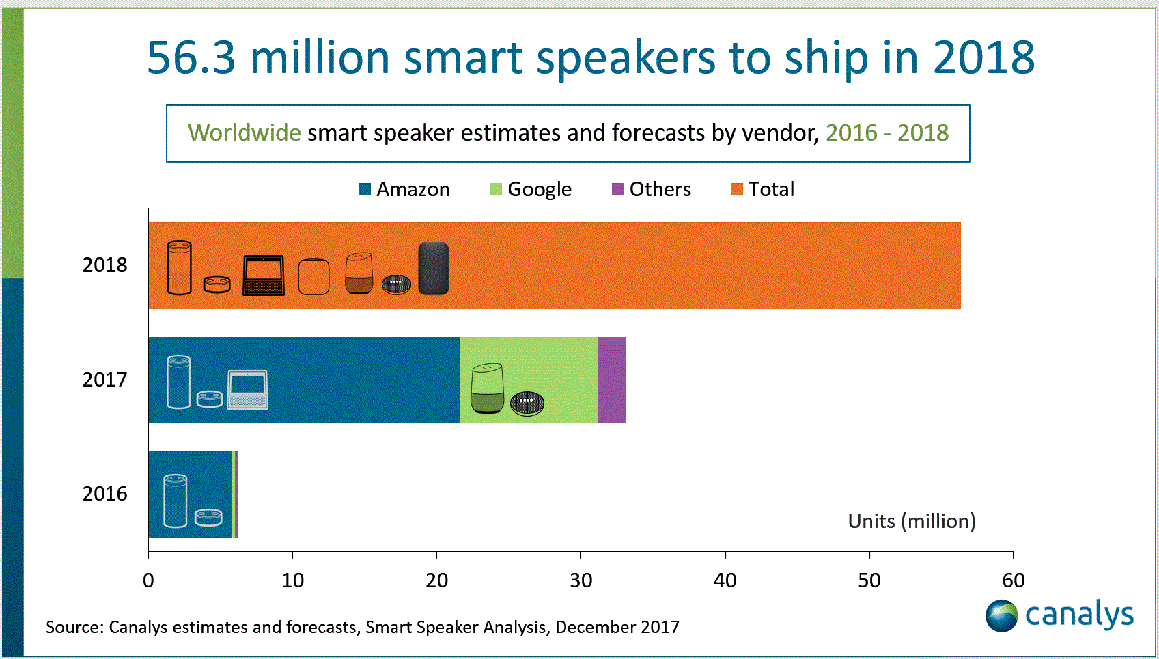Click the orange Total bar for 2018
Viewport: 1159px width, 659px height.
click(x=683, y=265)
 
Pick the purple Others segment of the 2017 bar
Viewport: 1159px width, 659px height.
click(x=612, y=380)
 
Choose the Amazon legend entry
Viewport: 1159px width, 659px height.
click(x=404, y=189)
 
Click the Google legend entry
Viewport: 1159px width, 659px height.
click(x=531, y=189)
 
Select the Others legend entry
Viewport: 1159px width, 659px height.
click(x=652, y=189)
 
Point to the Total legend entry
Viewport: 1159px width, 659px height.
click(x=763, y=189)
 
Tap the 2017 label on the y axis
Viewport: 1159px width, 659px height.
click(x=104, y=380)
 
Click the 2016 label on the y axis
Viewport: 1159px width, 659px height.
click(x=104, y=494)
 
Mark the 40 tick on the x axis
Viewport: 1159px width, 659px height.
click(x=725, y=580)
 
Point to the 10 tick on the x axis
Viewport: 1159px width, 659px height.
click(x=292, y=580)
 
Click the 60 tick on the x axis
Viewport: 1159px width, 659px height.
click(x=1013, y=580)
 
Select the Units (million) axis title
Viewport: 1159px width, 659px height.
click(x=912, y=521)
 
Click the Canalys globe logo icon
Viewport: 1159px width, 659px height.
click(x=1001, y=615)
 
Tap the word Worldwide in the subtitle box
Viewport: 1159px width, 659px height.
click(x=244, y=132)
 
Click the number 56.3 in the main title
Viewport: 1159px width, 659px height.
click(x=191, y=57)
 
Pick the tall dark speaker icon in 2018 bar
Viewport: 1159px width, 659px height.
click(x=433, y=268)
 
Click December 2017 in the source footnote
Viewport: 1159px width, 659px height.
click(x=617, y=627)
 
